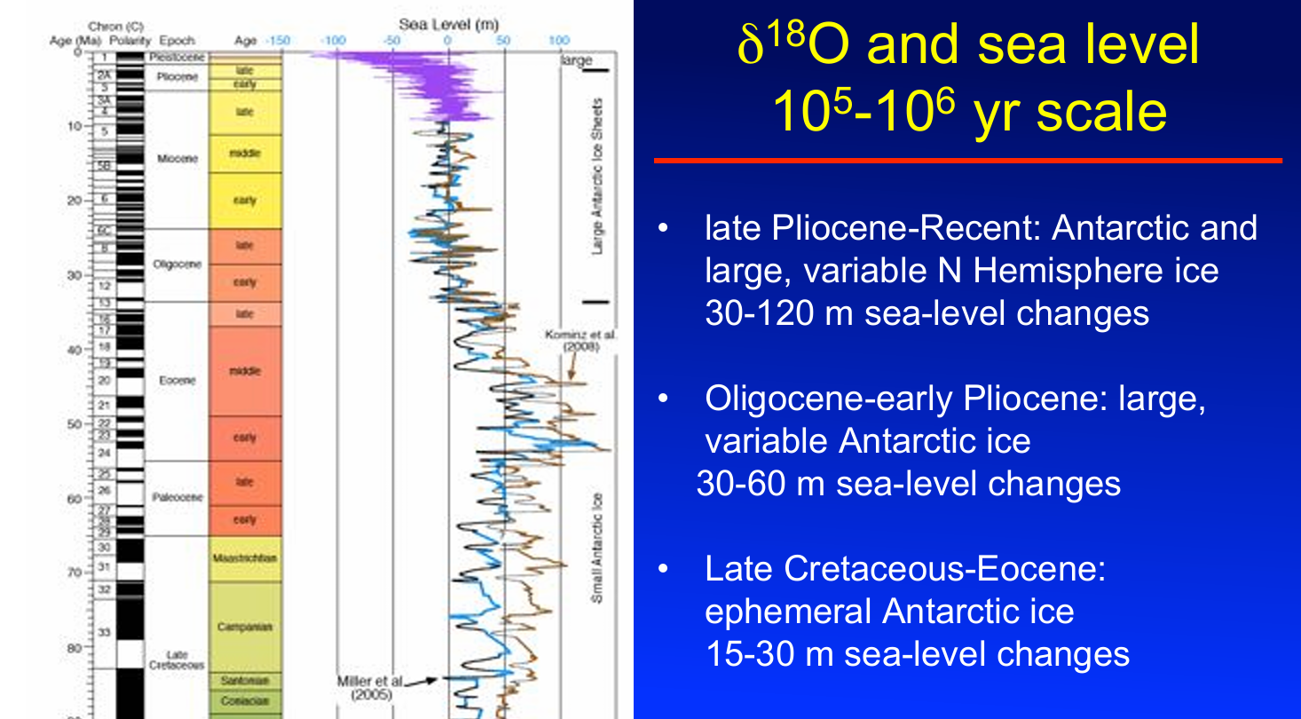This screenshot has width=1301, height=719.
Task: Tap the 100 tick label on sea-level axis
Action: click(559, 41)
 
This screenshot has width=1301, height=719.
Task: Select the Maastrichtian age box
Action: click(246, 558)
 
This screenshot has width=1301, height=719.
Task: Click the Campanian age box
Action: click(246, 626)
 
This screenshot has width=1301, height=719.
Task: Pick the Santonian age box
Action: click(246, 681)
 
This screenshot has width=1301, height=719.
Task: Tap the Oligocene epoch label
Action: click(177, 265)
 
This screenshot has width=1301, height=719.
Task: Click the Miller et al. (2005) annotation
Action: click(370, 687)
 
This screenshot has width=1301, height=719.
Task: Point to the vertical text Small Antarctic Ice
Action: click(597, 548)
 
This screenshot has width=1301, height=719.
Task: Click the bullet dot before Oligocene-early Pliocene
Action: click(661, 400)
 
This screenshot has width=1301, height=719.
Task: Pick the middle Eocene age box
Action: click(246, 371)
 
